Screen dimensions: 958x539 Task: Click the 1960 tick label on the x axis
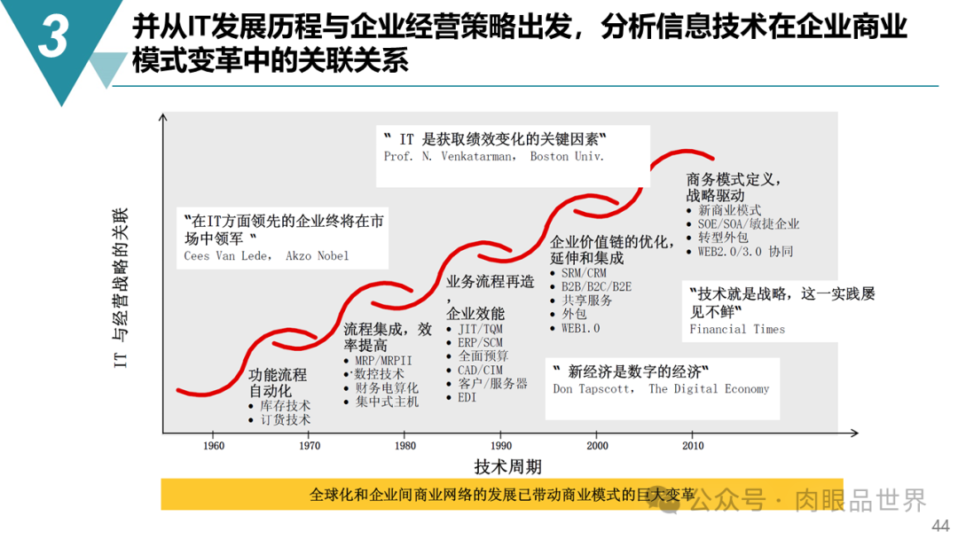(x=214, y=446)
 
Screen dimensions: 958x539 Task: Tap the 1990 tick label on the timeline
(x=501, y=446)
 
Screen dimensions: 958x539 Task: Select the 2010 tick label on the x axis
(x=693, y=446)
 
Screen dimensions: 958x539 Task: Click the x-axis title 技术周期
(x=507, y=467)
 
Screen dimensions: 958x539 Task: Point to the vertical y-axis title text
(x=121, y=288)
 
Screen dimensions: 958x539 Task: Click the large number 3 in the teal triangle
(x=53, y=36)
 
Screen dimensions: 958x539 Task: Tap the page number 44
(x=940, y=526)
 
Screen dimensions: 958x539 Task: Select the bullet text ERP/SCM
(x=480, y=342)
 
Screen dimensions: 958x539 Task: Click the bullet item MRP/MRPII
(x=384, y=361)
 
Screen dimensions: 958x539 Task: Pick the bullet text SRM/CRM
(x=584, y=273)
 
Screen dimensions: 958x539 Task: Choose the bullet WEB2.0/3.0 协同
(x=745, y=251)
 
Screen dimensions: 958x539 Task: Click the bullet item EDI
(x=467, y=397)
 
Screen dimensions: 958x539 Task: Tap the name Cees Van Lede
(x=226, y=256)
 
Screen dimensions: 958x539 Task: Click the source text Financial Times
(x=737, y=329)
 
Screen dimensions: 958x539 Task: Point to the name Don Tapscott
(x=592, y=389)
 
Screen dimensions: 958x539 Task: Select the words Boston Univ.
(x=567, y=156)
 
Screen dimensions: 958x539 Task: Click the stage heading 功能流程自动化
(x=278, y=383)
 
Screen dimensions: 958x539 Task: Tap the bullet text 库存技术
(x=286, y=405)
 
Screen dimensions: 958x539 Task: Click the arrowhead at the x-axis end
(x=855, y=433)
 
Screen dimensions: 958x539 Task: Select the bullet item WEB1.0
(x=580, y=328)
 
